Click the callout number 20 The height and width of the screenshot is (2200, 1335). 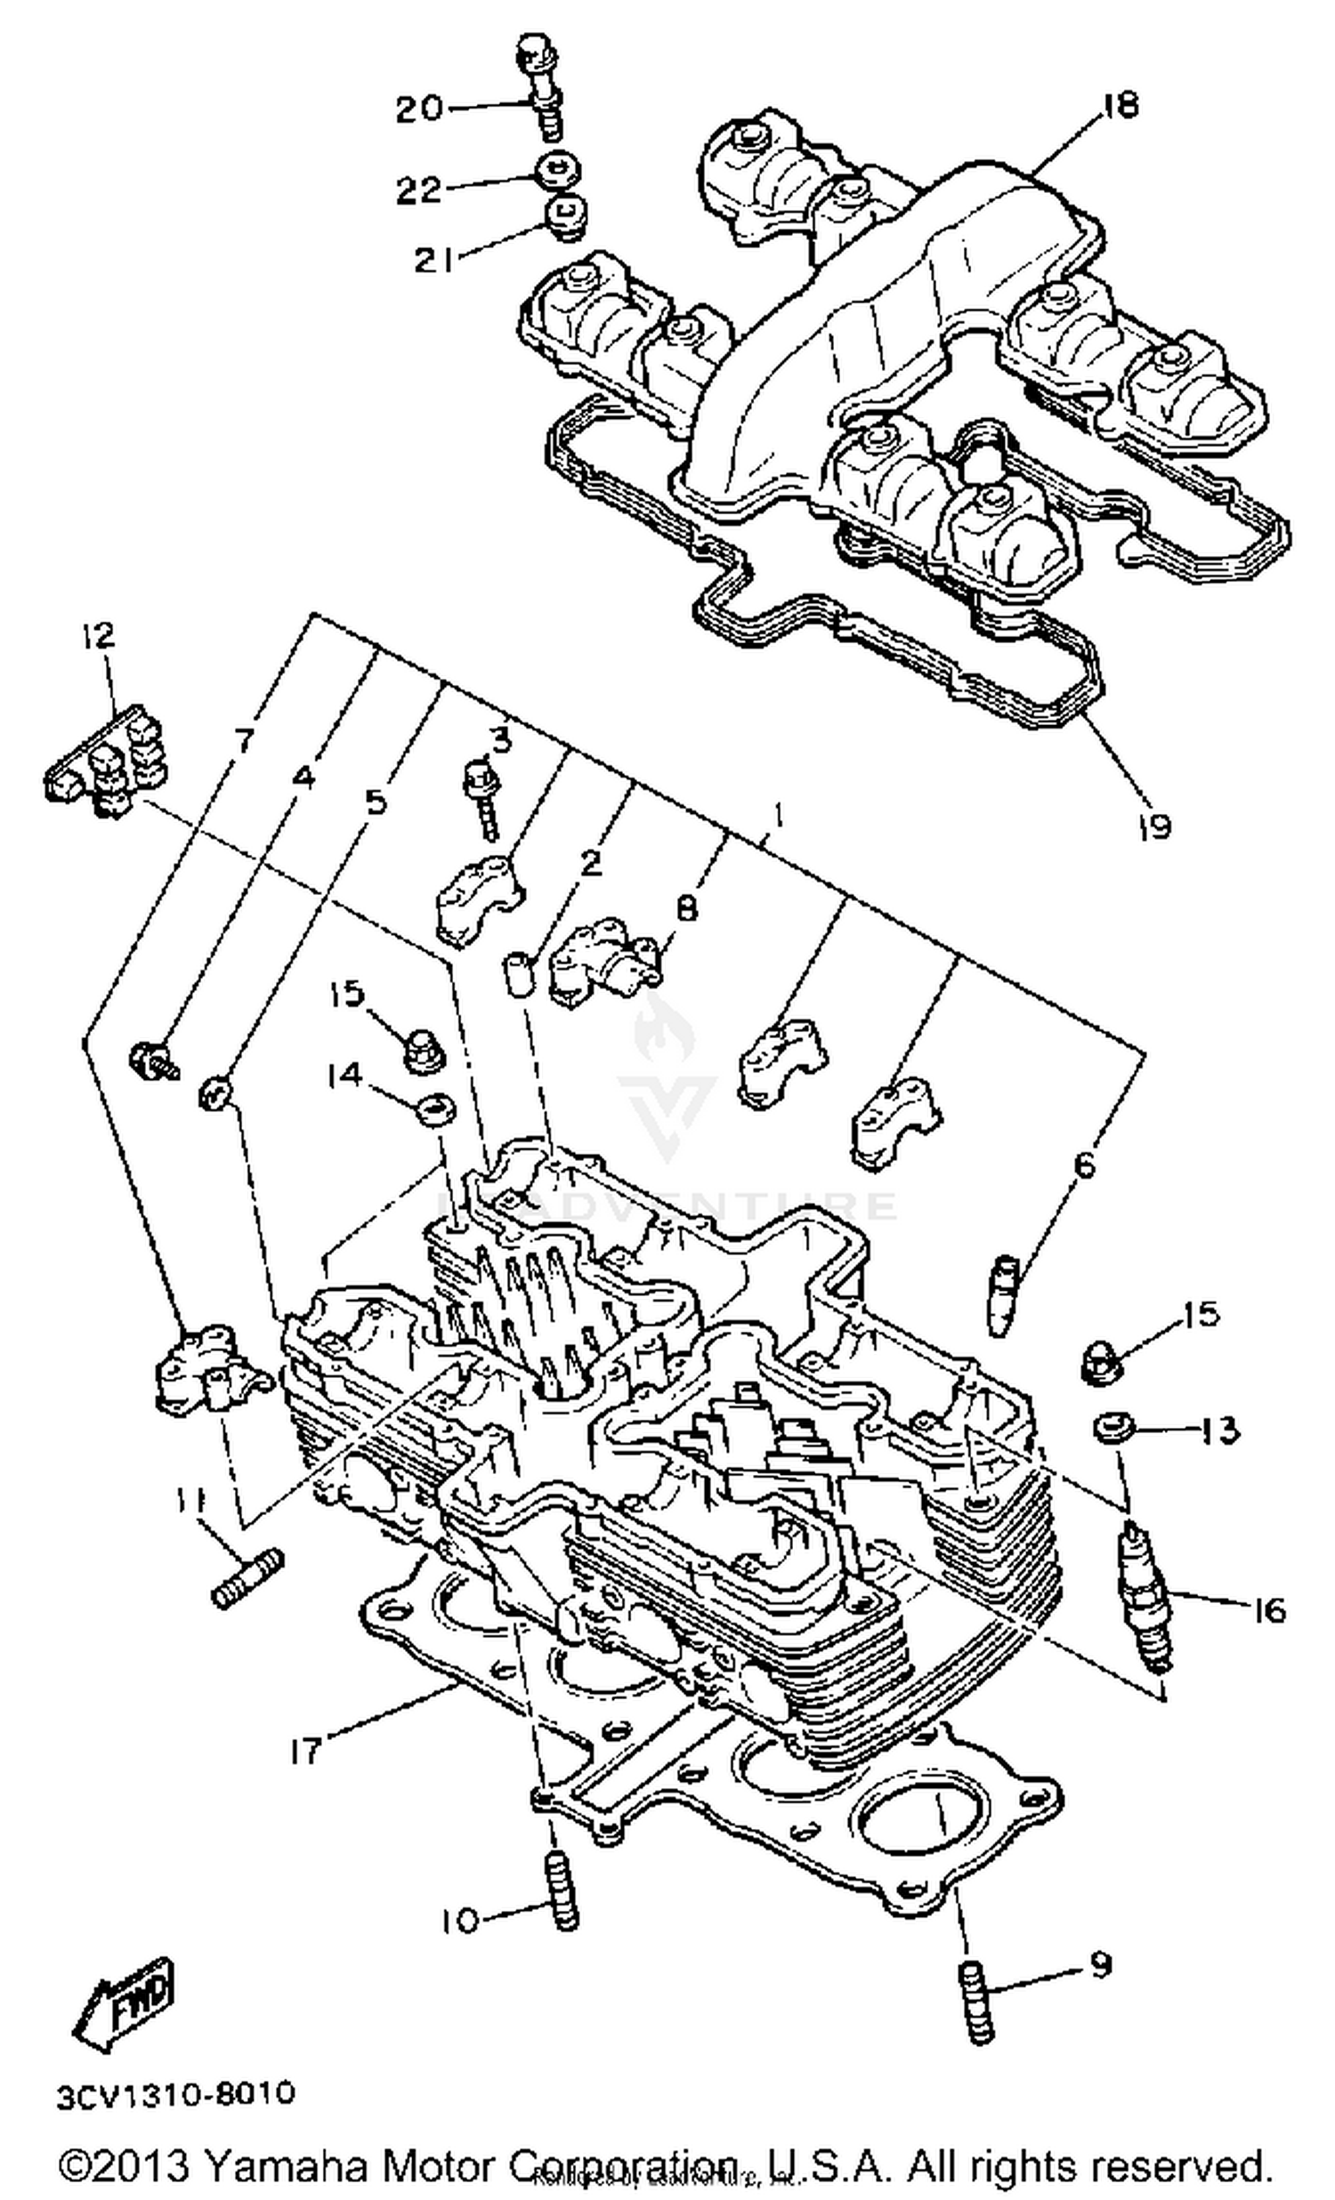point(420,110)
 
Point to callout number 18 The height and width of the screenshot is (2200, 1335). point(1120,105)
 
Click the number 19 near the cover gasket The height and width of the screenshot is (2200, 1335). point(1153,826)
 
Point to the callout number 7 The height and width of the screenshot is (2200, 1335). point(243,741)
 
